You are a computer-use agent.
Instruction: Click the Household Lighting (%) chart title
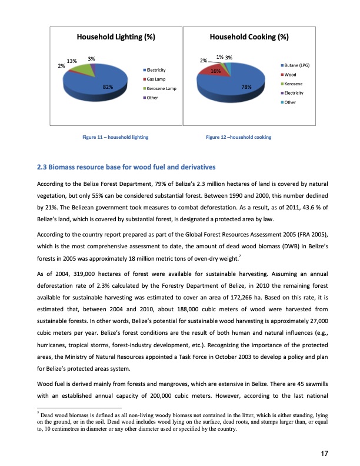point(116,37)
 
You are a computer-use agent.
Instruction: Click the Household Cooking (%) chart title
point(249,37)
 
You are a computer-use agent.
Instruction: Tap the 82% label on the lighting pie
point(108,87)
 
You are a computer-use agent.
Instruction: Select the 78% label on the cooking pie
point(246,87)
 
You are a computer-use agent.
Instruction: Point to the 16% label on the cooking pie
point(215,71)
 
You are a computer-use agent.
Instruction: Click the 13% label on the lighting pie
point(72,61)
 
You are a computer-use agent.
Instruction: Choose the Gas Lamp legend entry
point(155,79)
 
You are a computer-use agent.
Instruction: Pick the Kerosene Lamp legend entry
point(160,88)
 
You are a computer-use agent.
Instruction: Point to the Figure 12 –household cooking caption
point(238,137)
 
